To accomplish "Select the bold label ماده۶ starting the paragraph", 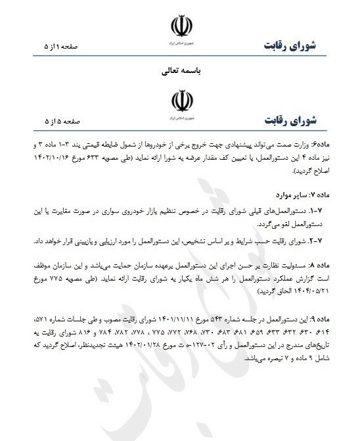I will pos(332,143).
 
